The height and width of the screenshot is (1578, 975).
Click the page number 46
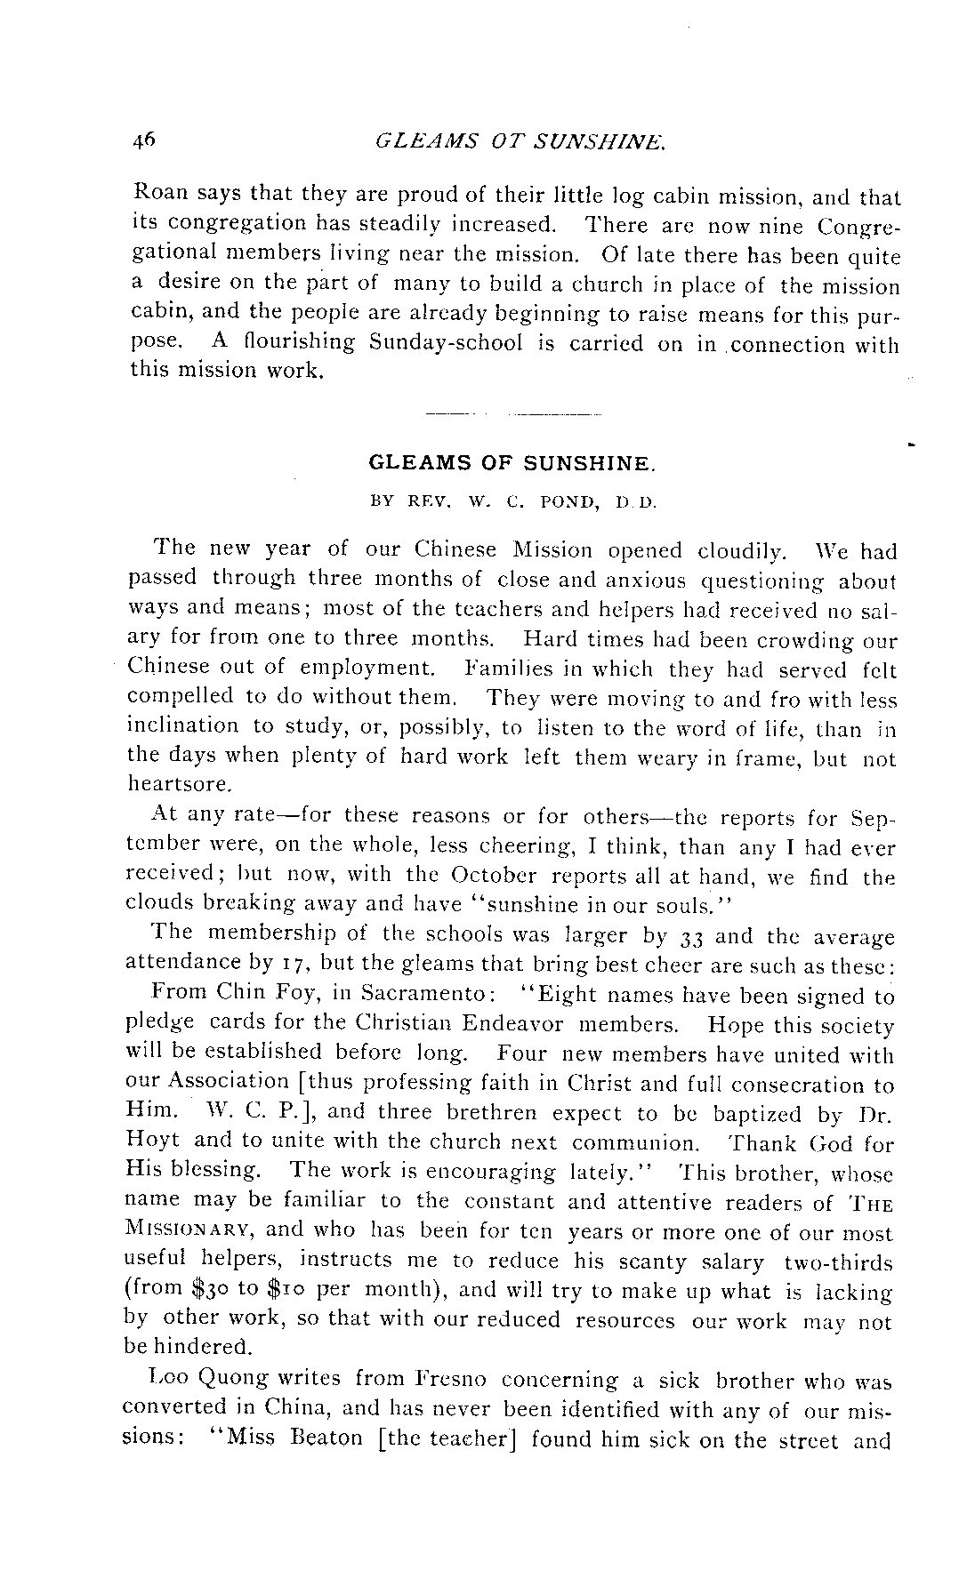144,139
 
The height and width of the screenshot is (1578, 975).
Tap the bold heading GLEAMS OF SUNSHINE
512,464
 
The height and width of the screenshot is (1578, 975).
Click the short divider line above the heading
513,413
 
